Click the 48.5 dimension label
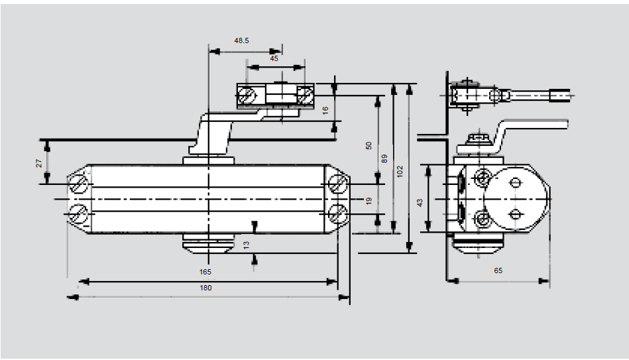[x=241, y=40]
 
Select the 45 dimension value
[x=274, y=58]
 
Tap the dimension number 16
[x=325, y=110]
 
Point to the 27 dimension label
[x=39, y=162]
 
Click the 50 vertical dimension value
[x=369, y=145]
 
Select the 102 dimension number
[x=400, y=170]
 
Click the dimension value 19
[x=369, y=200]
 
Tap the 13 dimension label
[x=247, y=245]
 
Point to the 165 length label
[x=205, y=272]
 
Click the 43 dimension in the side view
[x=419, y=203]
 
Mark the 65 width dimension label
[x=498, y=270]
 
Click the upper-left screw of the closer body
[x=80, y=184]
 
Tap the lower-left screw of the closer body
[x=80, y=213]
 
